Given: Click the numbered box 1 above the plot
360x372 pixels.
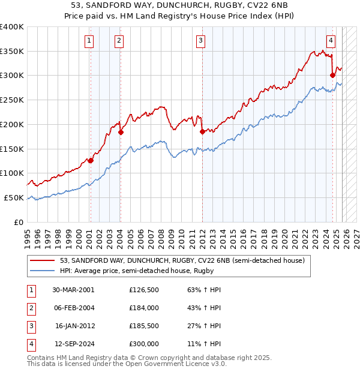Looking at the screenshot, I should (x=89, y=41).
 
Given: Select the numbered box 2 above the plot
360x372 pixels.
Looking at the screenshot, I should (x=119, y=41).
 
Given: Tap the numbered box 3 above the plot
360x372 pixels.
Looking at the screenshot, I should (x=200, y=41).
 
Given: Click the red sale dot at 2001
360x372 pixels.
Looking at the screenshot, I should (x=91, y=160).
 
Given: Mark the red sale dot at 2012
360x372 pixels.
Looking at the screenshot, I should (x=202, y=131).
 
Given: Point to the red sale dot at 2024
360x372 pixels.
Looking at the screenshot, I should (x=332, y=75).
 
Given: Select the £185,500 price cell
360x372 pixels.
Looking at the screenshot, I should (x=144, y=326).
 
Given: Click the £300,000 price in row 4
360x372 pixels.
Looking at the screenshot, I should (x=144, y=344).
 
